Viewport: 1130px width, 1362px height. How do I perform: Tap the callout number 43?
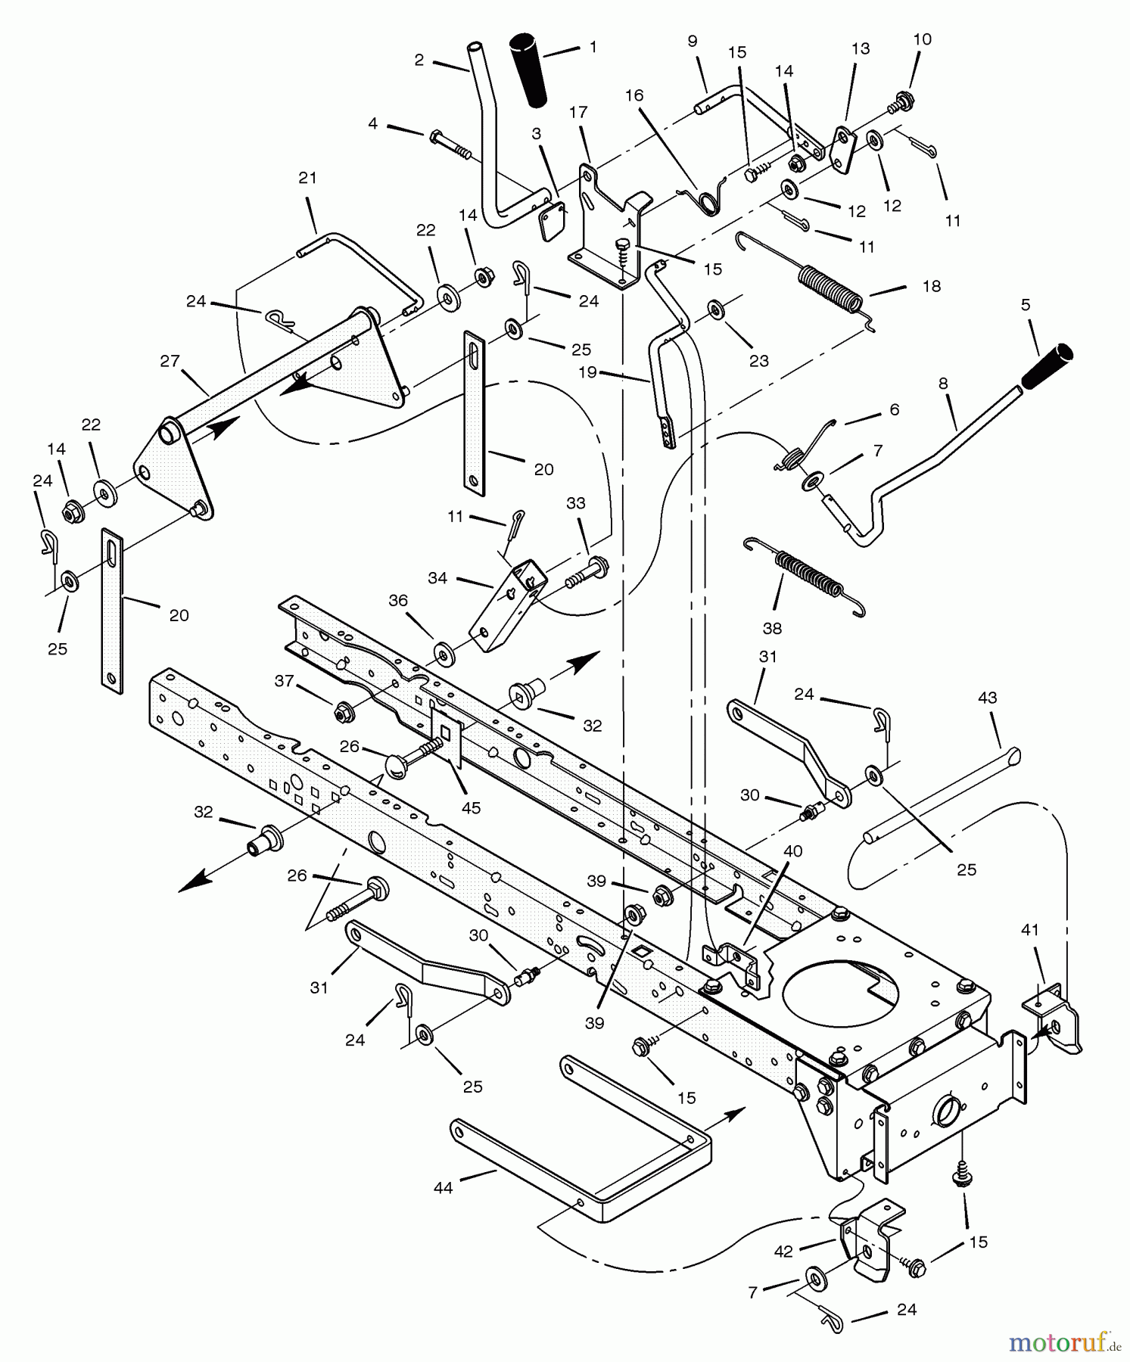click(x=987, y=698)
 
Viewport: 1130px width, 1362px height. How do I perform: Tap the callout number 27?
click(x=170, y=361)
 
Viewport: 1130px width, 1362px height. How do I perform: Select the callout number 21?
click(x=307, y=179)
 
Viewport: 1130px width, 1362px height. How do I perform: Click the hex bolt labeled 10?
click(x=902, y=98)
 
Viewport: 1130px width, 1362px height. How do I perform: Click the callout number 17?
click(x=578, y=113)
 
